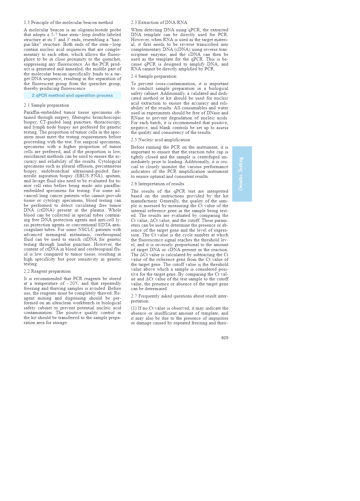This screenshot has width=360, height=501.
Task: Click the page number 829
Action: click(x=225, y=338)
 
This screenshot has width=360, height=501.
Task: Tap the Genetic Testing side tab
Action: click(x=242, y=174)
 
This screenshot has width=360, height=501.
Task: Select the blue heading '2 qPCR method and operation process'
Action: click(x=72, y=95)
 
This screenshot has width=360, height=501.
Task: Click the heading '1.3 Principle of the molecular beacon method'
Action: click(x=68, y=22)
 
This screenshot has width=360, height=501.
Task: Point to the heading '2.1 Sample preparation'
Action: click(x=46, y=105)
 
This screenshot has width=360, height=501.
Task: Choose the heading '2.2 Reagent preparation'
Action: click(x=47, y=271)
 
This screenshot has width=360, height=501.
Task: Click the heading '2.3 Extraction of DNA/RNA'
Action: click(x=159, y=22)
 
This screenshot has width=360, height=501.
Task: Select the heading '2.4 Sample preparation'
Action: click(x=154, y=76)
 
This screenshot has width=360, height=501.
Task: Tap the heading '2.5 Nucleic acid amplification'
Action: click(x=160, y=140)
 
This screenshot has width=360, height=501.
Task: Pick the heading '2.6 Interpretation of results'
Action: click(x=158, y=184)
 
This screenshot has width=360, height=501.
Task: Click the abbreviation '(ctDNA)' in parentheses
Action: click(x=46, y=210)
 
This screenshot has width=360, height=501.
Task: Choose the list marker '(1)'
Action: click(x=134, y=308)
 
